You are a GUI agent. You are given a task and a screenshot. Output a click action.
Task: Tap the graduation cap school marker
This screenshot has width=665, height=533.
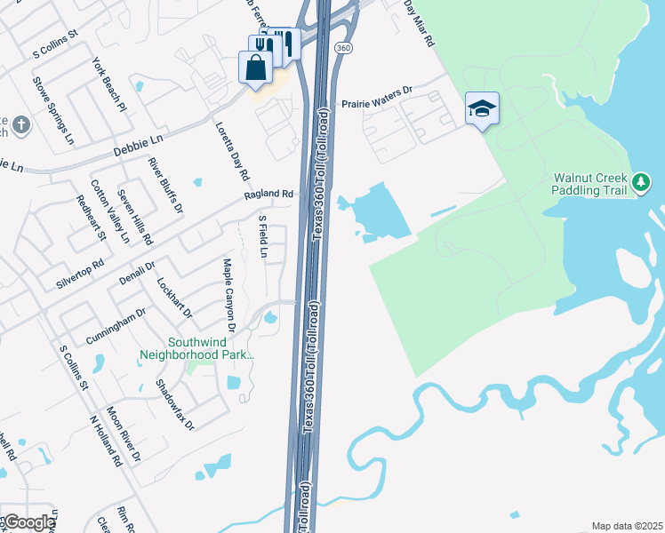pyautogui.click(x=482, y=109)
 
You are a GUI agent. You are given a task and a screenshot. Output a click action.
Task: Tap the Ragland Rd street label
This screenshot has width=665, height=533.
pyautogui.click(x=268, y=194)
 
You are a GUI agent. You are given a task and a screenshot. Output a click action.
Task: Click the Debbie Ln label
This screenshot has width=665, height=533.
pyautogui.click(x=139, y=147)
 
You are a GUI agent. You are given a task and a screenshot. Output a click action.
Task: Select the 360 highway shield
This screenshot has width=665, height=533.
pyautogui.click(x=342, y=45)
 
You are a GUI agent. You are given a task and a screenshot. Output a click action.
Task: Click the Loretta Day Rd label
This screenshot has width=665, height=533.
pyautogui.click(x=228, y=148)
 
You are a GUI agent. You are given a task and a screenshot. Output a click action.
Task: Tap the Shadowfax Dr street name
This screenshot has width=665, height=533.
pyautogui.click(x=174, y=404)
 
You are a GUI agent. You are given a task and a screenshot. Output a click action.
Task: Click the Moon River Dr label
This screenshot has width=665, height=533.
pyautogui.click(x=124, y=434)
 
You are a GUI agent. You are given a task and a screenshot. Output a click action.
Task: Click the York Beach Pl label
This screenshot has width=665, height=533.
pyautogui.click(x=110, y=84)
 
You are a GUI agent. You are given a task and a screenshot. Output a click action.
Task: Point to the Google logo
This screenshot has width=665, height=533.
pyautogui.click(x=28, y=522)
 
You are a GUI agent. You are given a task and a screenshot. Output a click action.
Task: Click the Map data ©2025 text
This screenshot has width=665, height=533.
pyautogui.click(x=627, y=526)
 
